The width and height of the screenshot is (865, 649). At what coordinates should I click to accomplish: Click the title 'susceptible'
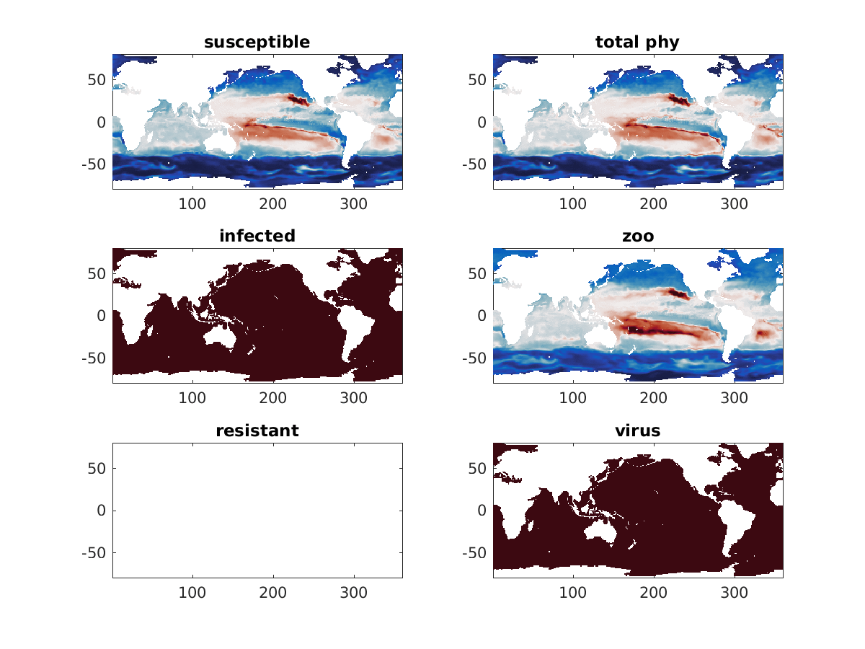(257, 42)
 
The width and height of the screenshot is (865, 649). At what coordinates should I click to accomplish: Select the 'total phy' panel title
(637, 42)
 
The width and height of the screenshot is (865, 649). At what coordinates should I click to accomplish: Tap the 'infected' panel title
(257, 236)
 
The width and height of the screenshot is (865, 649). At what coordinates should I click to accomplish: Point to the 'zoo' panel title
(637, 236)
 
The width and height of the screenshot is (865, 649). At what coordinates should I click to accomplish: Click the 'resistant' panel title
(257, 431)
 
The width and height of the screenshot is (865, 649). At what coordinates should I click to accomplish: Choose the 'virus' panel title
(637, 431)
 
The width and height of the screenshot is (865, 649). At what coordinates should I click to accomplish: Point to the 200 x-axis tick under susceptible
(273, 204)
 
